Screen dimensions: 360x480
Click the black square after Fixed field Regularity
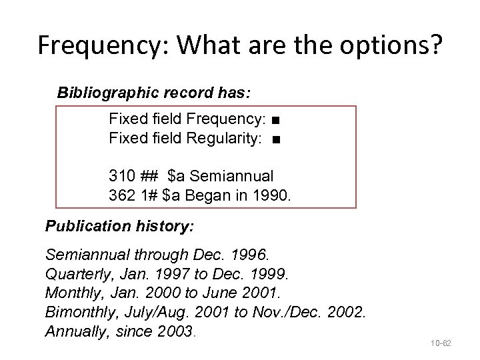(276, 140)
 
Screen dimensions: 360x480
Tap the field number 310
(121, 177)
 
